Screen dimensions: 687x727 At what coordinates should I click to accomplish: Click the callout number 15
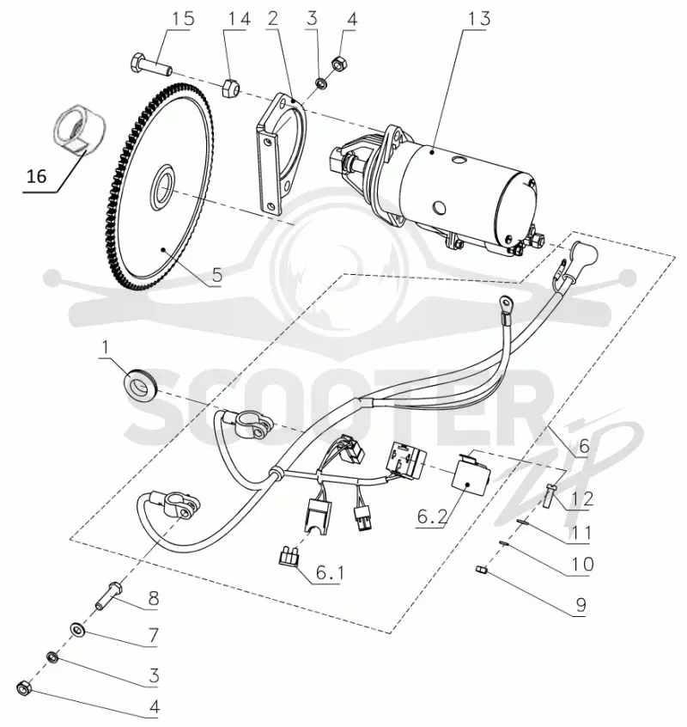point(184,19)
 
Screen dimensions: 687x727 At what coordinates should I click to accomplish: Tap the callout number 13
point(478,19)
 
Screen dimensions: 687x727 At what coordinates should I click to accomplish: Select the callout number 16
point(37,176)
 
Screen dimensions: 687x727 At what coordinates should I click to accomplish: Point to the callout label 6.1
point(330,573)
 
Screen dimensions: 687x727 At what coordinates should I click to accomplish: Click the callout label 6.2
point(433,516)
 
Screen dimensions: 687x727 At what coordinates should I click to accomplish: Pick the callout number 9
point(581,605)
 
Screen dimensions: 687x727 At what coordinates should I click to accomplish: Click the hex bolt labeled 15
point(150,65)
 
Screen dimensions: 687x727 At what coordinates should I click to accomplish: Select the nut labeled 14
point(230,89)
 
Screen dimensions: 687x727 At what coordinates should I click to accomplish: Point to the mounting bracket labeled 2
point(280,154)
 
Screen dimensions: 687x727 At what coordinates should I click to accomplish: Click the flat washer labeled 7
point(76,629)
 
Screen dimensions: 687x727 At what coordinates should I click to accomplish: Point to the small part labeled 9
point(480,569)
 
